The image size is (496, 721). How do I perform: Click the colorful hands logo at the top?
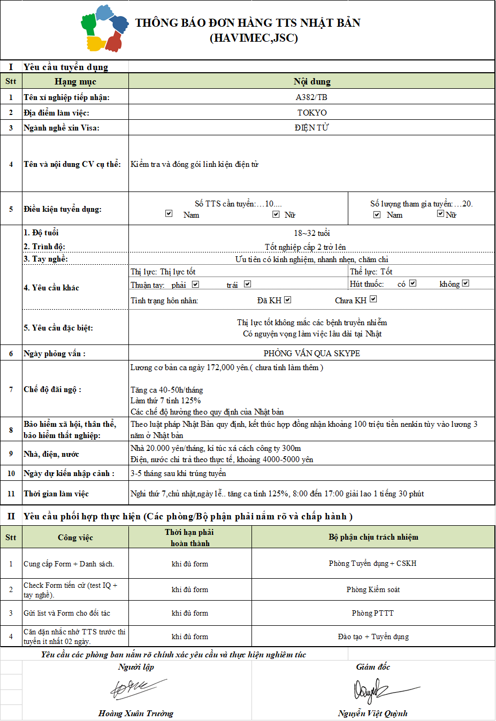point(105,28)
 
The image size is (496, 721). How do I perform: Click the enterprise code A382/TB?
point(311,97)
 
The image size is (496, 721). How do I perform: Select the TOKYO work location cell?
point(312,113)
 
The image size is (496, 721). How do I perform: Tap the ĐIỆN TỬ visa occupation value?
point(312,128)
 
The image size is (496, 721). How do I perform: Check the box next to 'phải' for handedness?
point(195,285)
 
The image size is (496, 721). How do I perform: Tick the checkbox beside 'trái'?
point(247,284)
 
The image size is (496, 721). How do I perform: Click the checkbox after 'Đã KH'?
point(287,300)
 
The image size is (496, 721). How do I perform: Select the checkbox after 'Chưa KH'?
point(373,299)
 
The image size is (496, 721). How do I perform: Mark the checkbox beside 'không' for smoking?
point(466,283)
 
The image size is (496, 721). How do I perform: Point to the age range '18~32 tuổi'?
point(312,233)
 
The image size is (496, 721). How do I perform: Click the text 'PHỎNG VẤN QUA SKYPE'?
point(312,354)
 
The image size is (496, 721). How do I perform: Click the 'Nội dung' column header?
point(312,81)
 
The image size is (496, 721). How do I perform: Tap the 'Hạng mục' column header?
point(75,81)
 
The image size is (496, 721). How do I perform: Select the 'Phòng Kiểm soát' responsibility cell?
point(373,589)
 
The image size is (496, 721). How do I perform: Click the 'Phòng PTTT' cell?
point(373,613)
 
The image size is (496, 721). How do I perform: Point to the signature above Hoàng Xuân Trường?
point(136,689)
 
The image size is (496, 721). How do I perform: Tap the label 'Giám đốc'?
point(373,667)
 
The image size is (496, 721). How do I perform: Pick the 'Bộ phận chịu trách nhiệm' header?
point(373,537)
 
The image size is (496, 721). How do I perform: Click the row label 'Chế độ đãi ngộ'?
point(52,389)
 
